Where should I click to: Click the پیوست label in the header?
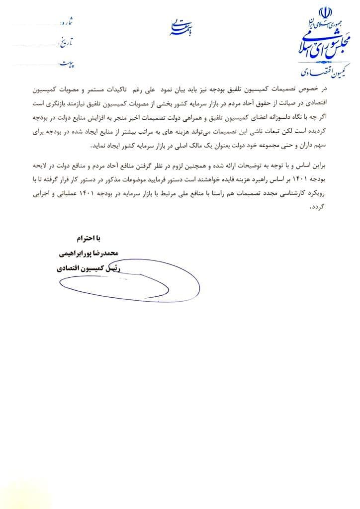66,63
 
